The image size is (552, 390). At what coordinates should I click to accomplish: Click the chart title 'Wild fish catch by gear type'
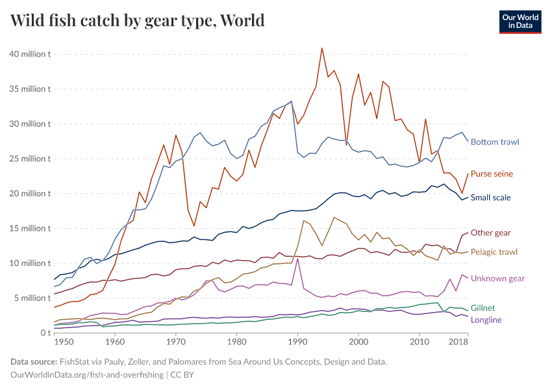pos(138,20)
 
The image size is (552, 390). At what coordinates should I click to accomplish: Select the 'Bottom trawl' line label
pos(495,142)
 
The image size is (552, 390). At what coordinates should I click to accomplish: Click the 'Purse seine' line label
pos(492,174)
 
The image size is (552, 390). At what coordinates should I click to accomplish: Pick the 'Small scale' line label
pos(490,198)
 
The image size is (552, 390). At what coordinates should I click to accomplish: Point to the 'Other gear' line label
pos(490,233)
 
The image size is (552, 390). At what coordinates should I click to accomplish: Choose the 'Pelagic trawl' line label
pos(494,252)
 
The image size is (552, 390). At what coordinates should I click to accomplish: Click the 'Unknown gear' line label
pos(497,278)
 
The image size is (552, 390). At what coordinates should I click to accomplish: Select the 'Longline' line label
pos(486,320)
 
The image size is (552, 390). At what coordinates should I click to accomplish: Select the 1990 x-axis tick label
pos(297,341)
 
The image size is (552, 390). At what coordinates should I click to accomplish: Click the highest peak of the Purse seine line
pos(321,48)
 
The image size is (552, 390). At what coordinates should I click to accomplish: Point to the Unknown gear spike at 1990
pos(297,259)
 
